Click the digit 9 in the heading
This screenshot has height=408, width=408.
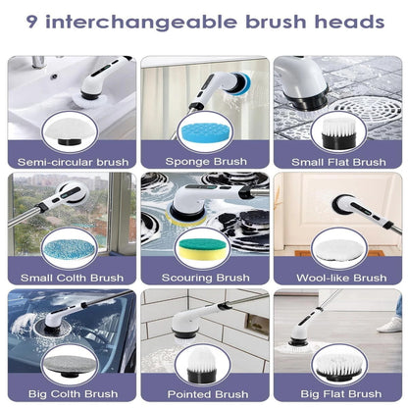tap(32, 23)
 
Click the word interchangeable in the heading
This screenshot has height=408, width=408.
tap(141, 23)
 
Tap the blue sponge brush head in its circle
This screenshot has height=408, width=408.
tap(203, 133)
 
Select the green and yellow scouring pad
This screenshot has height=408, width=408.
tap(203, 249)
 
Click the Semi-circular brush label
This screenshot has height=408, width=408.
tap(73, 162)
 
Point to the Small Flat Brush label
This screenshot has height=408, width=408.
tap(338, 162)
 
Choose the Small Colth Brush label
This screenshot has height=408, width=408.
tap(72, 278)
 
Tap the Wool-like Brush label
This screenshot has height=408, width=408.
tap(341, 278)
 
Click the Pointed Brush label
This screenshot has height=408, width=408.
tap(208, 394)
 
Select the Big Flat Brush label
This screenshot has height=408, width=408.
tap(341, 393)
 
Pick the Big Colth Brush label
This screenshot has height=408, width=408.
tap(73, 393)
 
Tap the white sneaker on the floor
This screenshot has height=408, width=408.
tap(389, 325)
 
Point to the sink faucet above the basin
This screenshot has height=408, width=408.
tap(38, 62)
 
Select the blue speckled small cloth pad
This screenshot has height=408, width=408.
tap(70, 249)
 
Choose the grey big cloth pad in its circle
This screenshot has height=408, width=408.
tap(70, 366)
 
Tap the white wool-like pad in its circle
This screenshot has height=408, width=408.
tap(338, 250)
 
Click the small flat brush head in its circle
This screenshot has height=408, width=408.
tap(338, 133)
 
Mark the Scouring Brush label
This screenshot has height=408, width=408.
tap(206, 278)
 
